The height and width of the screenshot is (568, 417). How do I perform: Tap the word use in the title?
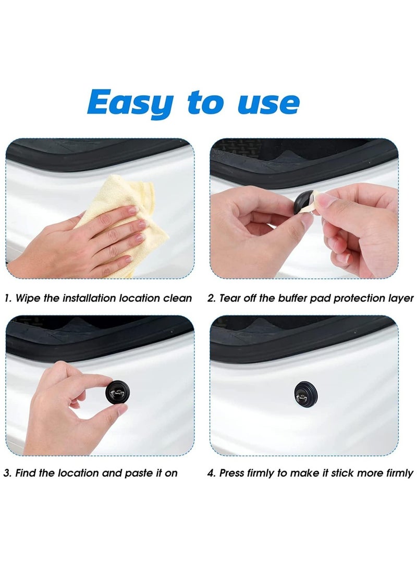[268, 103]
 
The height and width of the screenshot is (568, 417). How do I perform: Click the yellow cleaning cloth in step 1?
[125, 208]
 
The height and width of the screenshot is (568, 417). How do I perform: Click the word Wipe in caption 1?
[27, 298]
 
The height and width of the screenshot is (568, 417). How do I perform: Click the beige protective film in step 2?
[319, 200]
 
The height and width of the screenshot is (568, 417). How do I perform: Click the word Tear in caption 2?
[230, 298]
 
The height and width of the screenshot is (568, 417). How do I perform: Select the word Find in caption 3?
[26, 473]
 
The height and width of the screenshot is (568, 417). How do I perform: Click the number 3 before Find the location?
[7, 473]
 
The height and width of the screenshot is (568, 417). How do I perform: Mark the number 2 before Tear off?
[211, 298]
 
